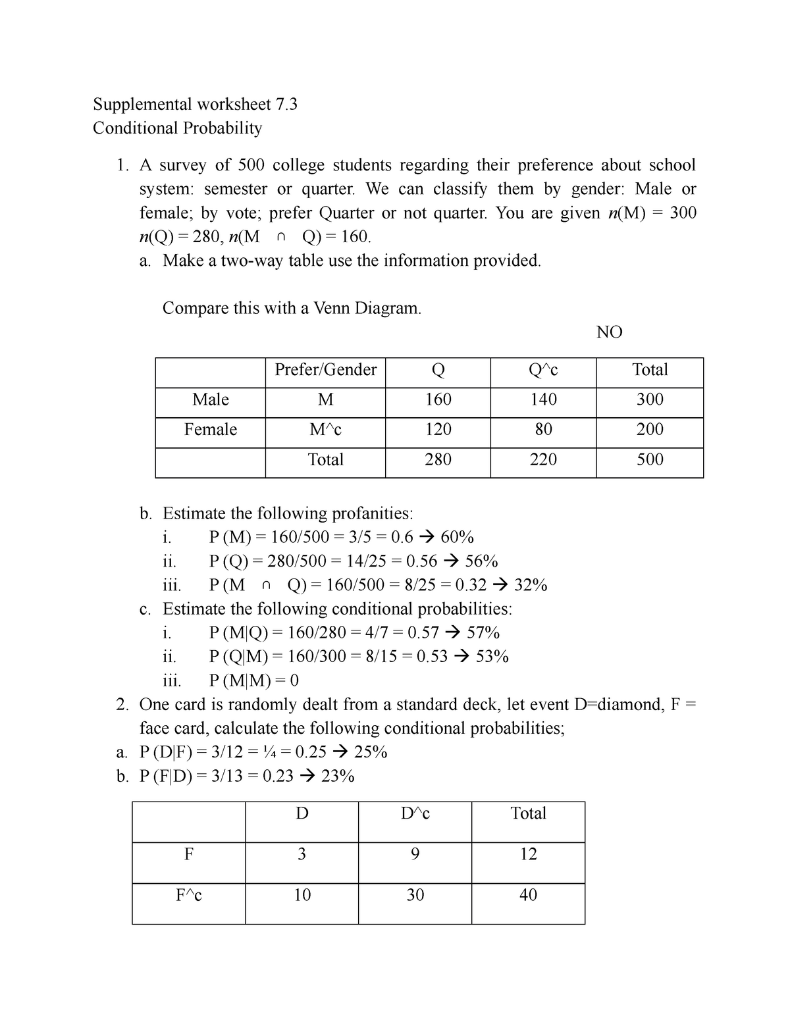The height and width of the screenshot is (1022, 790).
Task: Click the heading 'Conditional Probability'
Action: pos(177,128)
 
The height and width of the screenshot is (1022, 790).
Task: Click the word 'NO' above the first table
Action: pos(609,332)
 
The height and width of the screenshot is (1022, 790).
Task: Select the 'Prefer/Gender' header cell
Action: pos(325,370)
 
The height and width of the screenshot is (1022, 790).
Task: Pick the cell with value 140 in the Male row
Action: pos(543,399)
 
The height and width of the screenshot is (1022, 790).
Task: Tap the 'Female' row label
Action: pos(211,430)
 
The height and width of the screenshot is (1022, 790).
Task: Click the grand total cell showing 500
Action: pos(650,459)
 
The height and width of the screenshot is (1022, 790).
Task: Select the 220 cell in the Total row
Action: pos(543,459)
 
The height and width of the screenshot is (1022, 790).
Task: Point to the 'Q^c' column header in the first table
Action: pos(543,370)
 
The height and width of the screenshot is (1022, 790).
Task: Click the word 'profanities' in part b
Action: pos(371,513)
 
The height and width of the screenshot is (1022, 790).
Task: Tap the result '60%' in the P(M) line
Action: pos(457,537)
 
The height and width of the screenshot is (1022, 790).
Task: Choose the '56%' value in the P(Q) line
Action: pos(481,561)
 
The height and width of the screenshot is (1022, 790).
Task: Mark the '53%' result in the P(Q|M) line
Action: pos(492,656)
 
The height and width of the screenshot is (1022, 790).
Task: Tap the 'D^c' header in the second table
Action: pos(415,813)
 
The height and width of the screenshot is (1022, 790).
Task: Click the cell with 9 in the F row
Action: pos(415,854)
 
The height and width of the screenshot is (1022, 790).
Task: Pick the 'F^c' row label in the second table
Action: pos(189,895)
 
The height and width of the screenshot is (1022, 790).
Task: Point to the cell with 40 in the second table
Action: pos(528,895)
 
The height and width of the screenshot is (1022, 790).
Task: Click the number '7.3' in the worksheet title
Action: pos(286,104)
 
